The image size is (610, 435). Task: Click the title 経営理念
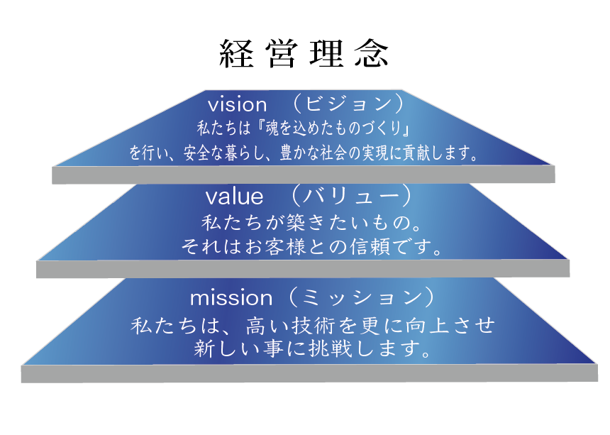pyautogui.click(x=304, y=54)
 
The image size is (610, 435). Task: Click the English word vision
pyautogui.click(x=238, y=104)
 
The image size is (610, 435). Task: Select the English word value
pyautogui.click(x=234, y=196)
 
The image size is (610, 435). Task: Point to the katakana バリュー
pyautogui.click(x=351, y=196)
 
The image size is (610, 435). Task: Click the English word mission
pyautogui.click(x=231, y=298)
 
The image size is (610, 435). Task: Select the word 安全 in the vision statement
pyautogui.click(x=197, y=153)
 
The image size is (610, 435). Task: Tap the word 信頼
pyautogui.click(x=370, y=246)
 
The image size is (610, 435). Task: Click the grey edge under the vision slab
pyautogui.click(x=304, y=175)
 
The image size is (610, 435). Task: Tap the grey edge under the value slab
pyautogui.click(x=303, y=268)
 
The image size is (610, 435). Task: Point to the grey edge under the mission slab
pyautogui.click(x=309, y=373)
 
